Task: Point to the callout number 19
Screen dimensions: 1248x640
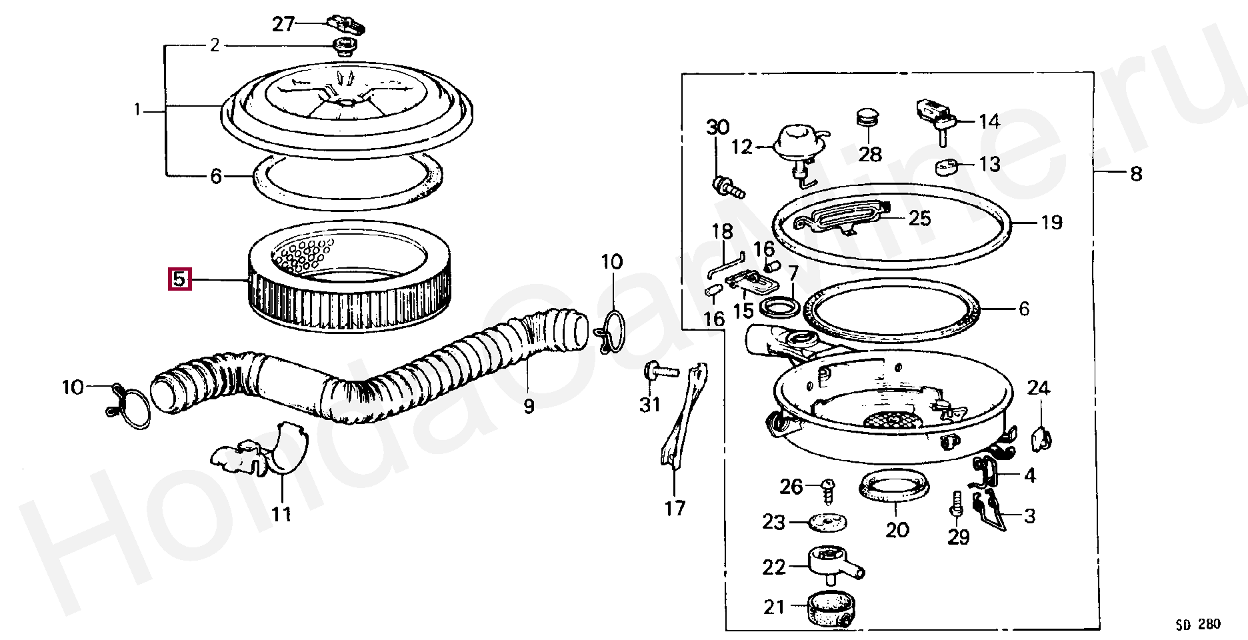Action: pyautogui.click(x=1051, y=222)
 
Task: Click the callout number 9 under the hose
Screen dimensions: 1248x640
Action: pyautogui.click(x=529, y=405)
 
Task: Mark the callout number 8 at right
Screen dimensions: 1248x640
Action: pyautogui.click(x=1135, y=175)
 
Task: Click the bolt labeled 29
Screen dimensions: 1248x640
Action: pyautogui.click(x=955, y=505)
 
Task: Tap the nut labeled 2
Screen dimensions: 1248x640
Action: pyautogui.click(x=344, y=47)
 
